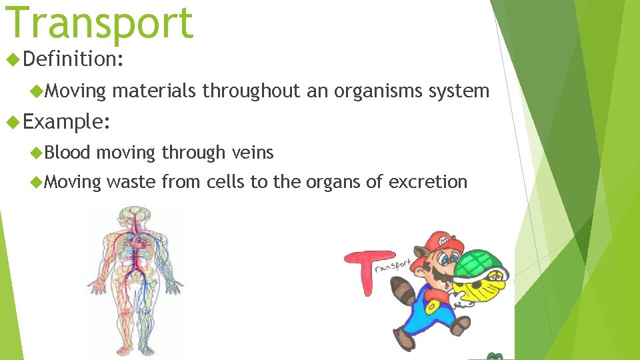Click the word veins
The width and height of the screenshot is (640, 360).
[253, 153]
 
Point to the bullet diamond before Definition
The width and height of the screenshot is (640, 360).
[13, 60]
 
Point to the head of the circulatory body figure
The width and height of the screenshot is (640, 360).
[135, 217]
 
